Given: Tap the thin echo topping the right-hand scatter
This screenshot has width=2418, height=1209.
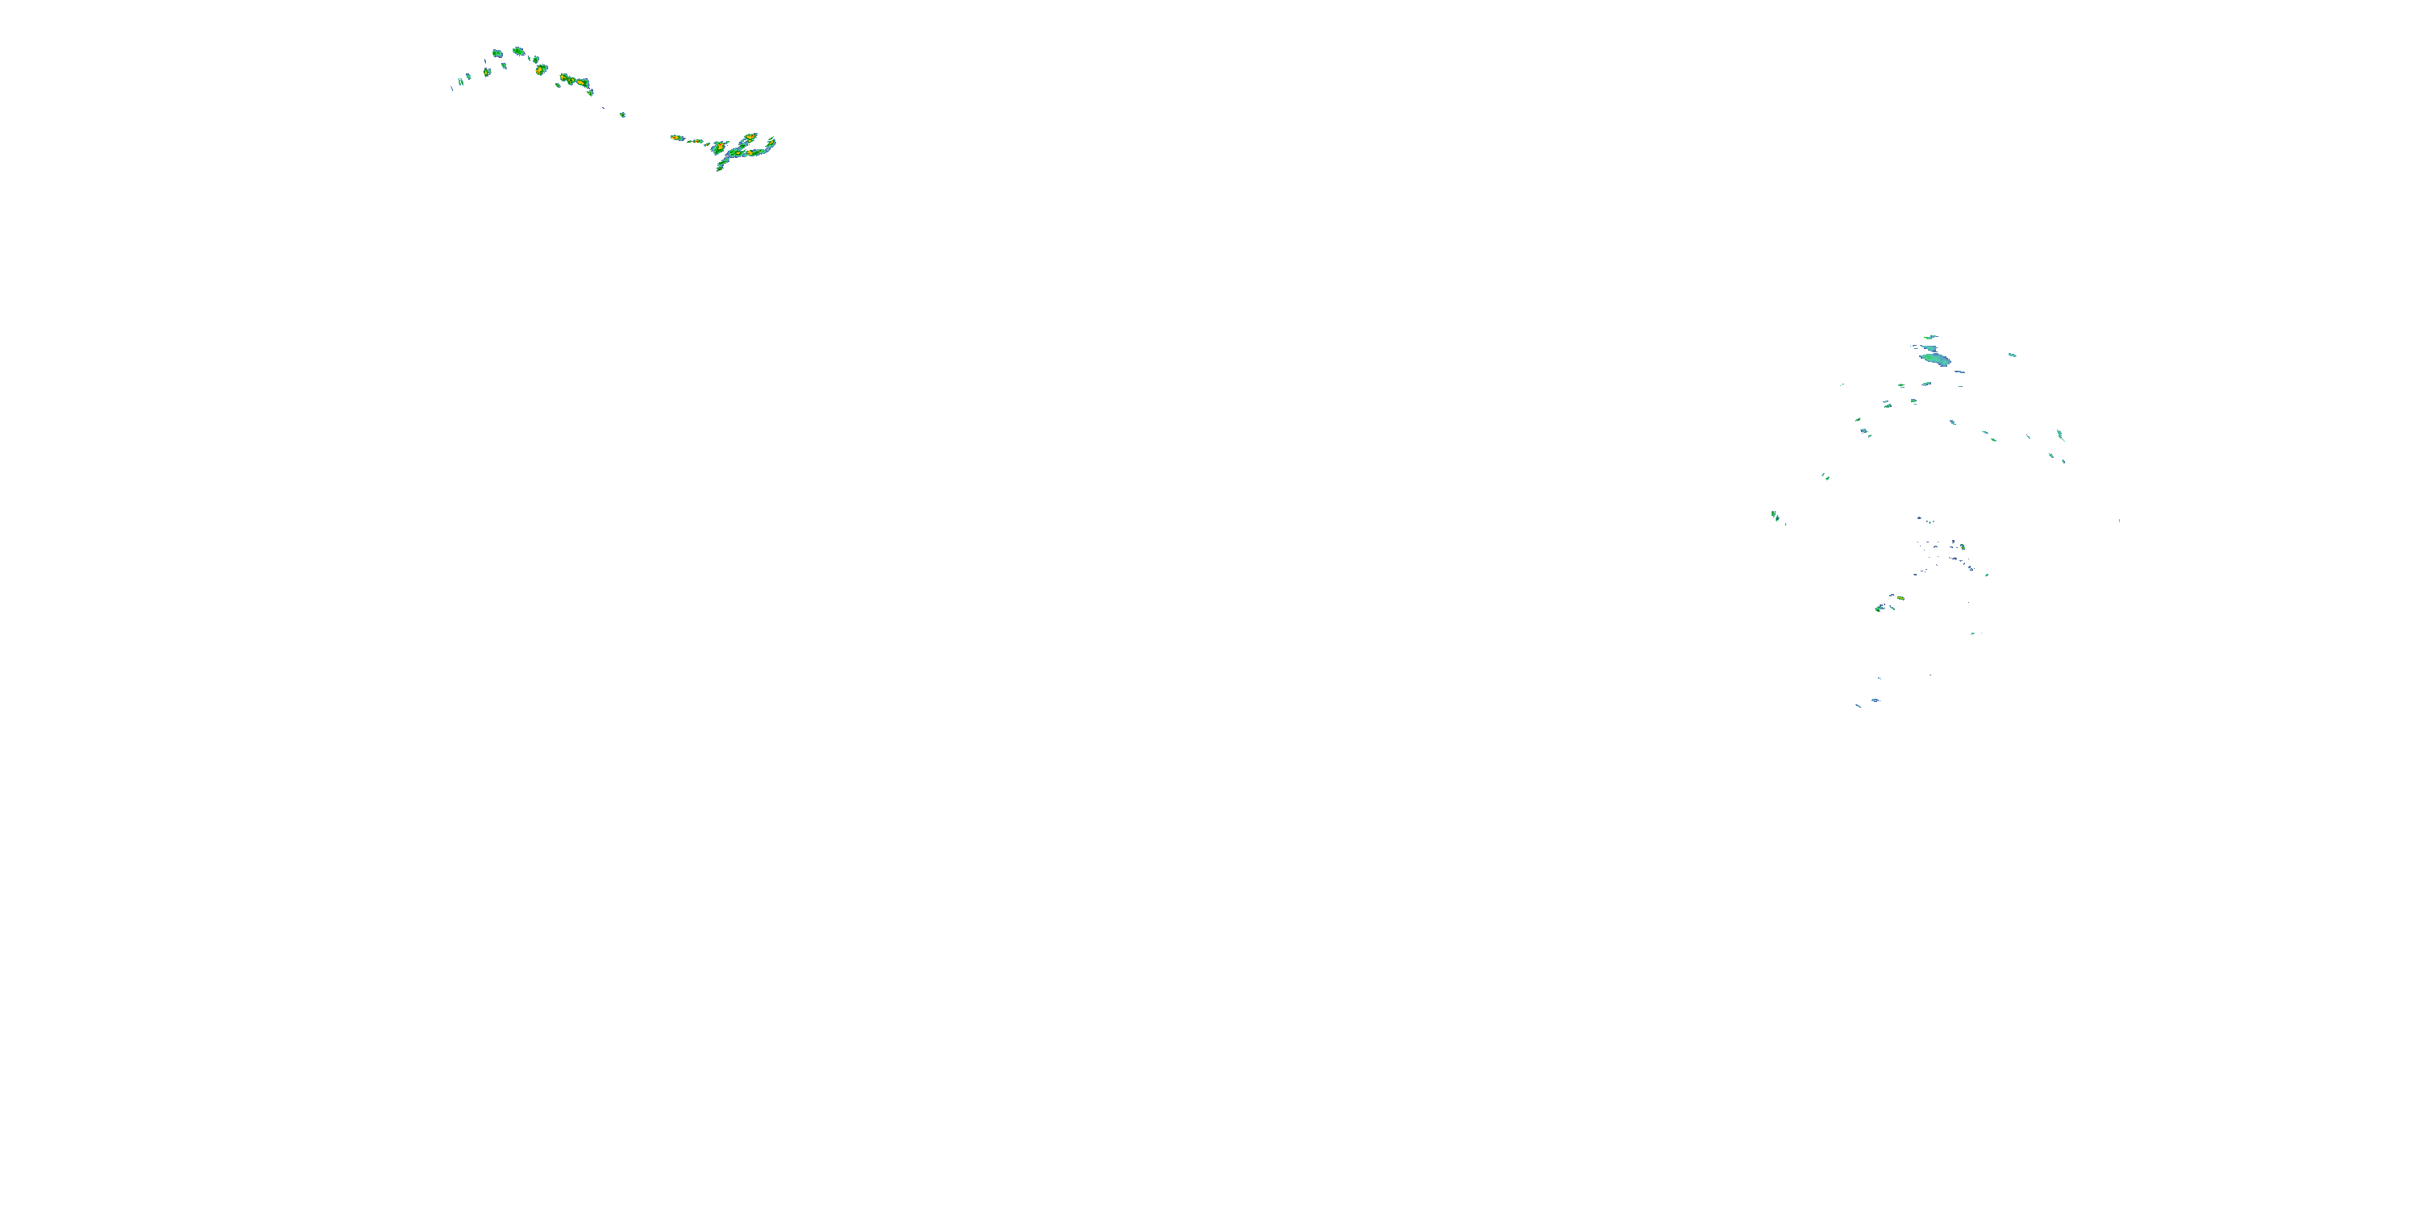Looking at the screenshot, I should click(x=1931, y=336).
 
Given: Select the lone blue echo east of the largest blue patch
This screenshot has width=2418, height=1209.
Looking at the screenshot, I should click(x=2012, y=355).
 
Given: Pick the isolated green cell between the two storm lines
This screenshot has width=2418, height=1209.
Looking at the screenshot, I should click(x=622, y=114).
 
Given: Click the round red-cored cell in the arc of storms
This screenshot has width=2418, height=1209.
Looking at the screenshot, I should click(x=541, y=69).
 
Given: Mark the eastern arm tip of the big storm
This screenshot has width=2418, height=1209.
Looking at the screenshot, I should click(x=771, y=143).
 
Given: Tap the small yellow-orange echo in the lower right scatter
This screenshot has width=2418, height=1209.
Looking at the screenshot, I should click(x=1900, y=598).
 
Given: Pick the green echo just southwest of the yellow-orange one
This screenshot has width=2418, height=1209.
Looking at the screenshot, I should click(x=1880, y=609).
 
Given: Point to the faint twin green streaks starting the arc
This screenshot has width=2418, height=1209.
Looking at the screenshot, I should click(x=462, y=81).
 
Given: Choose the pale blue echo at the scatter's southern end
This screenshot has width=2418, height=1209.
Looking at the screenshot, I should click(x=1875, y=700).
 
